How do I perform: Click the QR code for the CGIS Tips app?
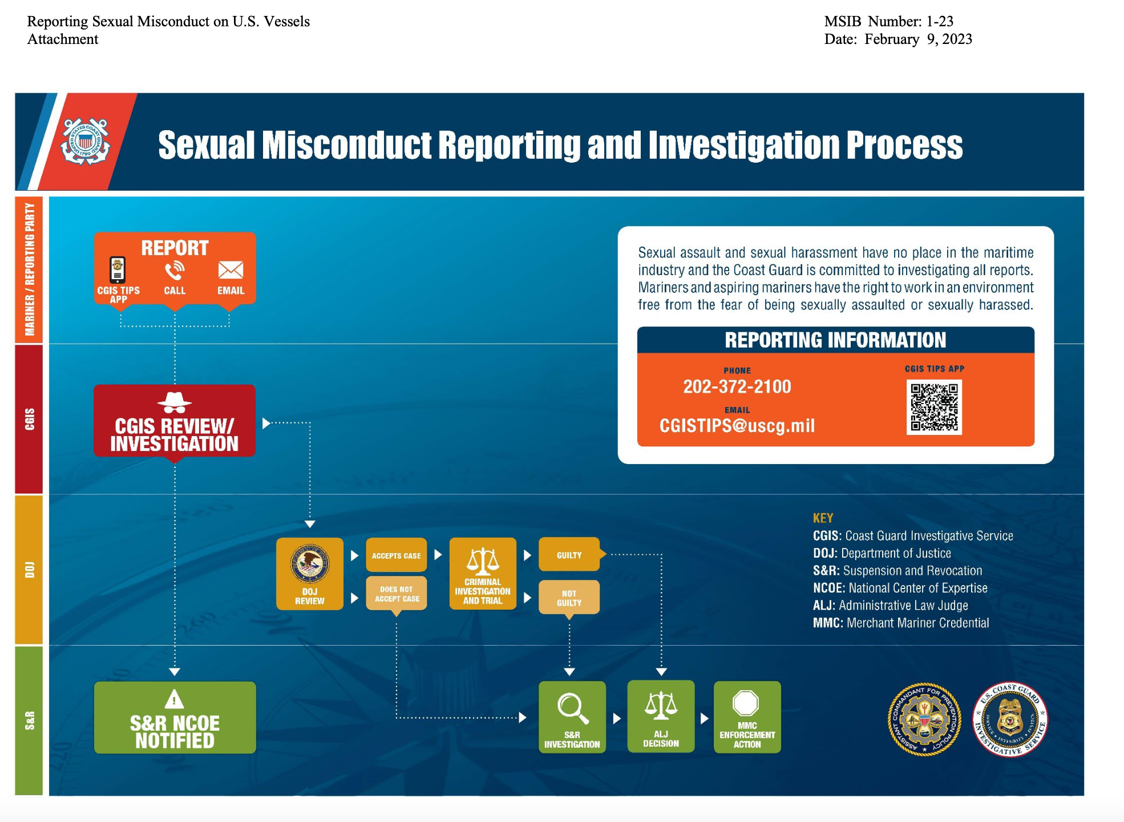(x=934, y=407)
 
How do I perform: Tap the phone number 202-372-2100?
(x=737, y=387)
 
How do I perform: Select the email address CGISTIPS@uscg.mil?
(x=737, y=426)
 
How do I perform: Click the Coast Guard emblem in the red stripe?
(x=85, y=142)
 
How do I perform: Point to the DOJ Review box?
(x=309, y=574)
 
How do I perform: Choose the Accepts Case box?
(x=396, y=555)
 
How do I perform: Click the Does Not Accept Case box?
(x=396, y=594)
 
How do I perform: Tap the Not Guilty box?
(x=569, y=597)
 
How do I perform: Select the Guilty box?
(x=569, y=554)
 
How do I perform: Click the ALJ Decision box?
(x=661, y=716)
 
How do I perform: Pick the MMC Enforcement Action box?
(x=747, y=717)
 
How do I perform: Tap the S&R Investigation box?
(x=572, y=717)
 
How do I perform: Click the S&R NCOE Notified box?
(x=175, y=718)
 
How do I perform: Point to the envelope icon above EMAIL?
(x=231, y=270)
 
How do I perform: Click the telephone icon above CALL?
(x=175, y=270)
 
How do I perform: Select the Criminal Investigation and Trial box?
(x=483, y=574)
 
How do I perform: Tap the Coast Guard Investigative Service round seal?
(x=1010, y=719)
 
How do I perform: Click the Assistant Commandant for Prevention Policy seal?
(x=924, y=719)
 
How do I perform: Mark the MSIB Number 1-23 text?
(x=888, y=21)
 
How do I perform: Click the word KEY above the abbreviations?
(x=823, y=518)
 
